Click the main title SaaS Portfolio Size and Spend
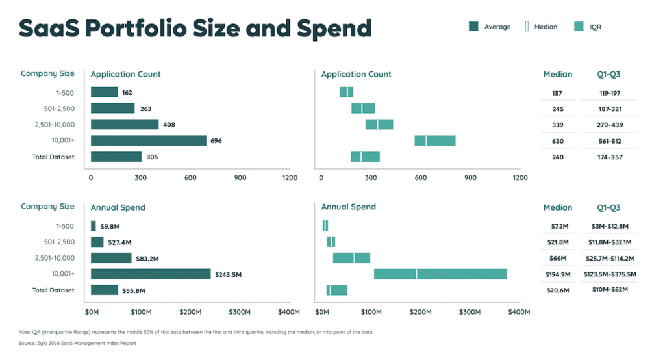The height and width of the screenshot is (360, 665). (195, 28)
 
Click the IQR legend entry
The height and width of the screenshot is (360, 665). (588, 27)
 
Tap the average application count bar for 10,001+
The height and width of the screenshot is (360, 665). (148, 140)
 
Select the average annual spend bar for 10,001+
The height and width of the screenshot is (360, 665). (151, 274)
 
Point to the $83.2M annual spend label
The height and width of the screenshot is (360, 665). (149, 258)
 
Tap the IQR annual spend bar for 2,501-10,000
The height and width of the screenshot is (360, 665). (351, 258)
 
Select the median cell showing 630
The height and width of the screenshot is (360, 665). (557, 141)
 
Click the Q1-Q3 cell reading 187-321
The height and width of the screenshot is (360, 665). (610, 109)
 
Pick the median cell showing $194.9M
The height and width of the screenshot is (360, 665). (557, 274)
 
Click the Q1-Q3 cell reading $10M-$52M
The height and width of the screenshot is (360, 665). (610, 290)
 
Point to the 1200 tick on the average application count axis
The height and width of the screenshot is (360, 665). (290, 177)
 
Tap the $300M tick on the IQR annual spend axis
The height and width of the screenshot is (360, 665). (469, 312)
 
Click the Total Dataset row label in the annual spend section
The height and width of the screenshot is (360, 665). (53, 290)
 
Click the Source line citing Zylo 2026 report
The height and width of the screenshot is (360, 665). (77, 343)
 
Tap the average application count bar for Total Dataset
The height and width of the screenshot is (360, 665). (116, 157)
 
